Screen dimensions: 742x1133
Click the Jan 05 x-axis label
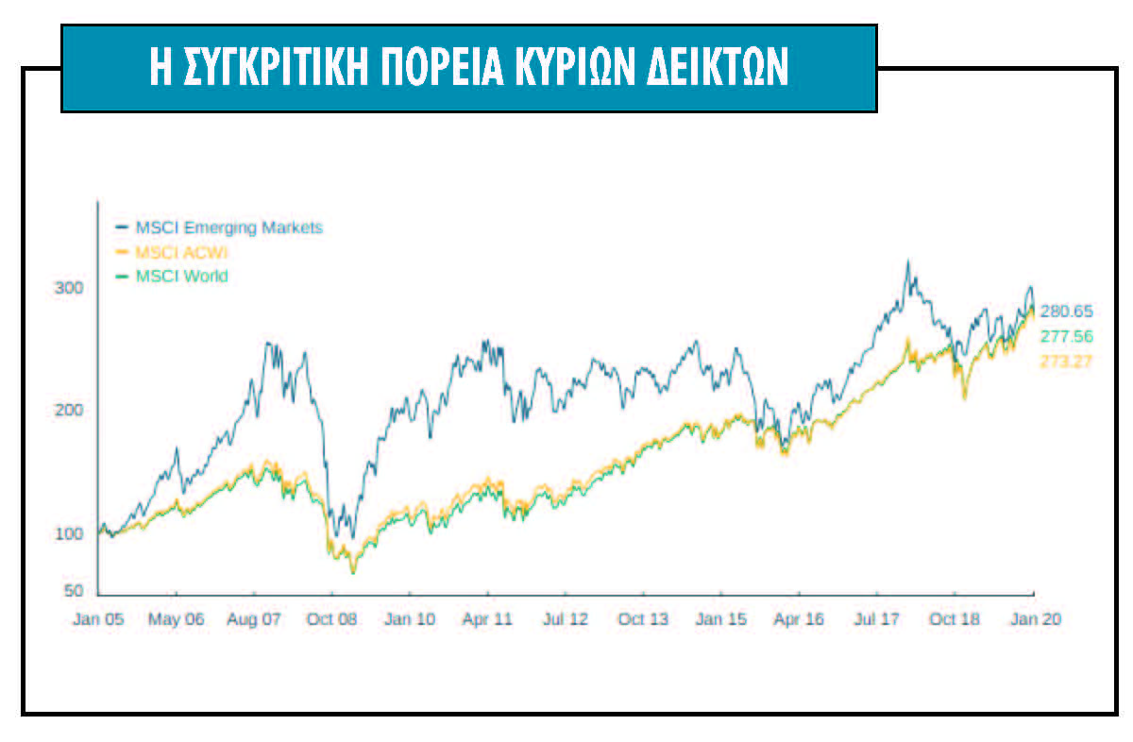point(99,619)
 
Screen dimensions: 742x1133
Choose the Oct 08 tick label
point(332,619)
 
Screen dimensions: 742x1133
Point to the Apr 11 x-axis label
point(487,619)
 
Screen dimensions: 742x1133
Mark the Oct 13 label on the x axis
point(643,619)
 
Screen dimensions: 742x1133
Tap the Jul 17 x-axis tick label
point(876,619)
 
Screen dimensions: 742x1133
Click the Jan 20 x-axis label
point(1034,619)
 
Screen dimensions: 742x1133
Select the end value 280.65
point(1066,311)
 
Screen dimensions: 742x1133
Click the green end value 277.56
point(1066,336)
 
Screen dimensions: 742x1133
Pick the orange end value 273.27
point(1066,361)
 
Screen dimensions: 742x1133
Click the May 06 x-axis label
point(177,619)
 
